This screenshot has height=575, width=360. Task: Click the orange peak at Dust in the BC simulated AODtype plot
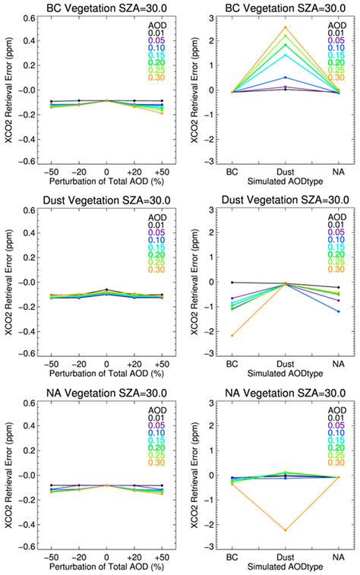[x=286, y=27]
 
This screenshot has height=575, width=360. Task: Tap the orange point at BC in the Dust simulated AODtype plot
[x=232, y=335]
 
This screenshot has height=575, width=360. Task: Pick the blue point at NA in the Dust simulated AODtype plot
[x=338, y=312]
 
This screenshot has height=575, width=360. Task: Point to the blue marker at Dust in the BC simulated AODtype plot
[x=286, y=77]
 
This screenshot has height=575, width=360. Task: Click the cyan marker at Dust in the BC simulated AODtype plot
[x=286, y=55]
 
